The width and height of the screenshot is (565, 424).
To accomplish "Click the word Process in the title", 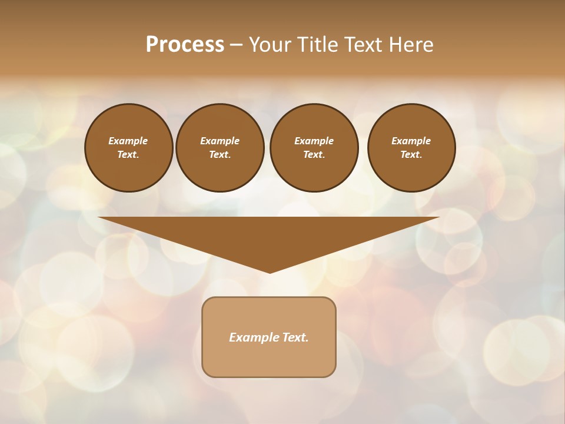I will coord(185,45).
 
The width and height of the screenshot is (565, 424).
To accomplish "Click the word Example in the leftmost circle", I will coord(128,141).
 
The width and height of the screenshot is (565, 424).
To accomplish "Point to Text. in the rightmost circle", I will coord(411,154).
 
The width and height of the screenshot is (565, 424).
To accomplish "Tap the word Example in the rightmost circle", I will coord(411,141).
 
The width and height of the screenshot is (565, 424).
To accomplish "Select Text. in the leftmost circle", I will coord(128,154).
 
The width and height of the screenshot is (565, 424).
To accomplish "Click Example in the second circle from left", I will coord(220,141).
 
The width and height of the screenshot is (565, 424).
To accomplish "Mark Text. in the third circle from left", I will coord(314,154).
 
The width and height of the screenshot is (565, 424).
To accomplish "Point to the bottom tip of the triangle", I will coord(270,271).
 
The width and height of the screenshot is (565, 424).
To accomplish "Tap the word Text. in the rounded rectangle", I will coord(295,337).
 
